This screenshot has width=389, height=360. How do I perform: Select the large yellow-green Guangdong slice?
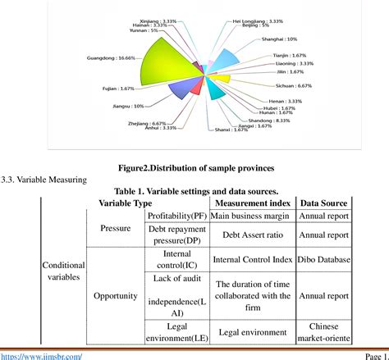tap(156, 70)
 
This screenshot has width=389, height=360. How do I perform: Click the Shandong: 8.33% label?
tap(272, 120)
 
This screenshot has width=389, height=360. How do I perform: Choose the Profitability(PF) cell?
tap(176, 216)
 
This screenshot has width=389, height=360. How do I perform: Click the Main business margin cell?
tap(252, 216)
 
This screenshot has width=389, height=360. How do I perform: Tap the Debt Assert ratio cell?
tap(252, 235)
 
